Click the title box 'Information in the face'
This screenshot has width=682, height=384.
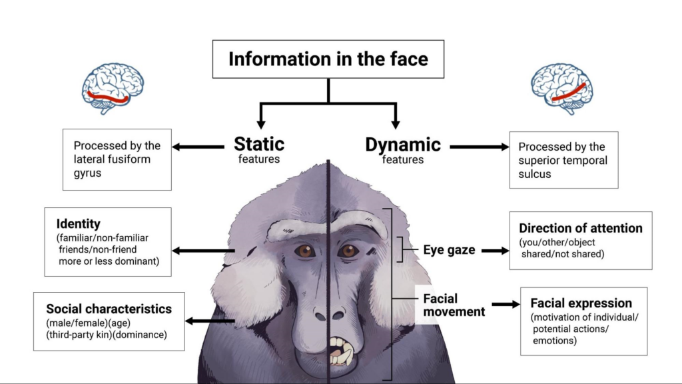coord(328,59)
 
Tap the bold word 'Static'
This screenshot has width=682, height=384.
coord(259,144)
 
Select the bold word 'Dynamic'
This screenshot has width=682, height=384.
coord(403,144)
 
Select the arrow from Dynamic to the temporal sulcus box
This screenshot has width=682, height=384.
coord(479,147)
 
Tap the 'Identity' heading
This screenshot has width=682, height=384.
coord(78,224)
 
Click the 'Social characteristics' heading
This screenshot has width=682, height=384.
coord(109,309)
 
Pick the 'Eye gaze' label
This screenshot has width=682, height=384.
coord(449,251)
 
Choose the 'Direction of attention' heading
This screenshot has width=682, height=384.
coord(581,228)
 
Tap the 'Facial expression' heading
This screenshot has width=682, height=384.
coord(581,303)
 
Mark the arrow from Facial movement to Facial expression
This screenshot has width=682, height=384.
coord(506,305)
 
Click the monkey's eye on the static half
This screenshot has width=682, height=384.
coord(306,251)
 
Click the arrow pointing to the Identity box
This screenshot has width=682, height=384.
coord(204,251)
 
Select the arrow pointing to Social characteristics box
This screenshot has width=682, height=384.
coord(210,321)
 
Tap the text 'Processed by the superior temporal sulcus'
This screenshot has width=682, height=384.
coord(563,160)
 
